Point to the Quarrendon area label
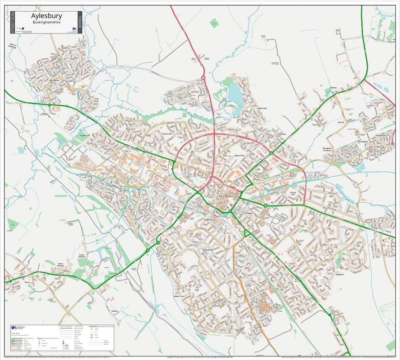(167, 133)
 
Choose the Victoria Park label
(295, 194)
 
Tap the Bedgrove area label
(340, 274)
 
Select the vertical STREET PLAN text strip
(12, 22)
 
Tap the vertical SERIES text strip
(80, 22)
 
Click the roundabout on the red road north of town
(203, 78)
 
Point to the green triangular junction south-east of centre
(247, 233)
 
